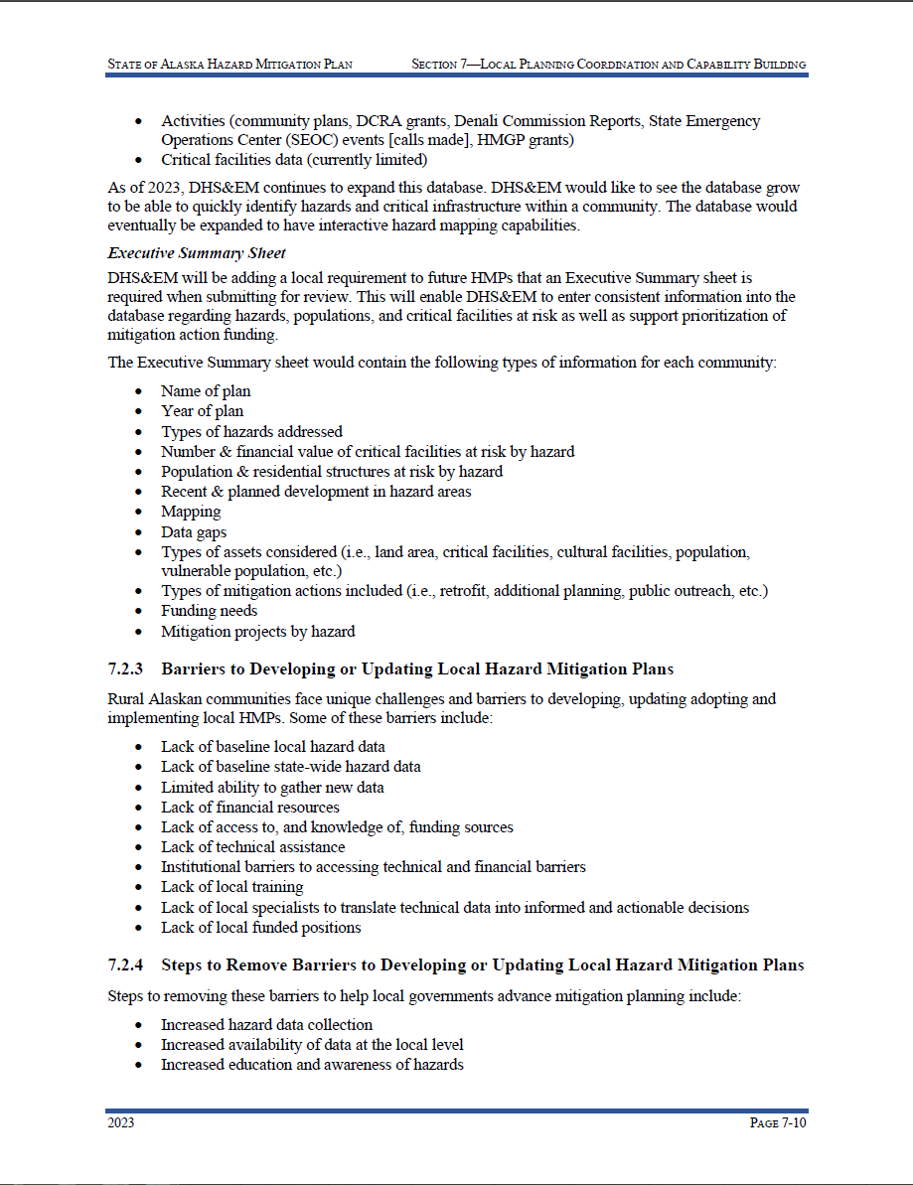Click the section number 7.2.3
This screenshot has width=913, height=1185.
click(126, 668)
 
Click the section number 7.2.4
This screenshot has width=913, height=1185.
click(126, 965)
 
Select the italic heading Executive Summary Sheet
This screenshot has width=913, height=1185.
click(197, 253)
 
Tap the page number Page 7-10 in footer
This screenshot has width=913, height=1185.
click(777, 1123)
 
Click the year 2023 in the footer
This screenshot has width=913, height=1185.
click(121, 1123)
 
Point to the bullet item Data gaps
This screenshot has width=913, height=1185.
click(194, 531)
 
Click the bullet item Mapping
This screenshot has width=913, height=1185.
click(191, 512)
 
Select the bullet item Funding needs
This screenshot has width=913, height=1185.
click(209, 611)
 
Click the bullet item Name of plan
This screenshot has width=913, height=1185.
click(206, 391)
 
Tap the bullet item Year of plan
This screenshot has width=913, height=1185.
click(202, 411)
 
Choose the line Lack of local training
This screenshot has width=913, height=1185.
click(231, 887)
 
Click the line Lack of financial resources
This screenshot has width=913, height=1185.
click(249, 808)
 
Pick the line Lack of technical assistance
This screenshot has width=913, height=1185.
click(252, 847)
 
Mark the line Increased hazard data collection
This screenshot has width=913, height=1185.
click(266, 1024)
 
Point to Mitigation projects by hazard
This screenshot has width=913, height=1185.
click(257, 631)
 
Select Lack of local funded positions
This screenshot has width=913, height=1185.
click(260, 927)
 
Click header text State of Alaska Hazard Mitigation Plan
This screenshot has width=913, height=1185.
click(229, 65)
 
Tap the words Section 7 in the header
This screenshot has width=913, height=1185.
click(444, 65)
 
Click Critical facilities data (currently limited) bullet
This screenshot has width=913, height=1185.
click(294, 160)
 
